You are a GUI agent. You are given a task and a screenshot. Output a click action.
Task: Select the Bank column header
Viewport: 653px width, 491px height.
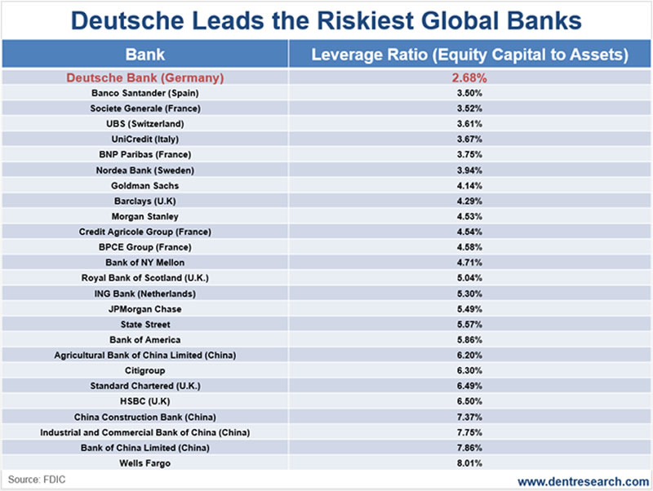145,55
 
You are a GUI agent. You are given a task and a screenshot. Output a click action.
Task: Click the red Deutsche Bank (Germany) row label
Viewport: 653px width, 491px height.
145,78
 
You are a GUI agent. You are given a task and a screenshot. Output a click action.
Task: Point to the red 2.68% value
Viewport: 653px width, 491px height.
469,78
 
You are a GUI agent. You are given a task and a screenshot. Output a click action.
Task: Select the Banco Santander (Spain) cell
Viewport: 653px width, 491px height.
145,93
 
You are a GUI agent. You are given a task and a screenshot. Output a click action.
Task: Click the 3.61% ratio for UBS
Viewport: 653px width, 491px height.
469,124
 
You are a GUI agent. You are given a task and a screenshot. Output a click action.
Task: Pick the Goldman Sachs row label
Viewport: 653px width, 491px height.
145,186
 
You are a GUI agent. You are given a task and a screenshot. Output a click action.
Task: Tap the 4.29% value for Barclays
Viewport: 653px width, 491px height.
469,201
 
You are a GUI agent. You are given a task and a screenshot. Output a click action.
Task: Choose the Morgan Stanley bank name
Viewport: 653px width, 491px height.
145,216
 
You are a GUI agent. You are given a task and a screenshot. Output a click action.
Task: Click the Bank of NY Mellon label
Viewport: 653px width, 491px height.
145,263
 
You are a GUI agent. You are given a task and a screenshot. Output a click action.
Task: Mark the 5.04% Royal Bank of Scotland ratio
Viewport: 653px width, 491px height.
469,278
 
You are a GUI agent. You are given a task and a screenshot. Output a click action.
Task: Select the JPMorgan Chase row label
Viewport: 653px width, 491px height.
145,309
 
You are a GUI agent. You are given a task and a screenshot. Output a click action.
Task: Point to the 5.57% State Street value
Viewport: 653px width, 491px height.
469,325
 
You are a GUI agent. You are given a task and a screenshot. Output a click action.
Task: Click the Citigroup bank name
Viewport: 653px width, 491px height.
145,370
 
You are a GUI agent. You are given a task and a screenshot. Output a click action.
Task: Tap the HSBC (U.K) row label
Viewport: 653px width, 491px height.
145,401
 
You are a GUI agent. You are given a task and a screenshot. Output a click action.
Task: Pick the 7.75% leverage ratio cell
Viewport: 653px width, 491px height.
469,432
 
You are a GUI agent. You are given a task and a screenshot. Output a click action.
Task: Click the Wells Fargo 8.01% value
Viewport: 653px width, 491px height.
469,462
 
